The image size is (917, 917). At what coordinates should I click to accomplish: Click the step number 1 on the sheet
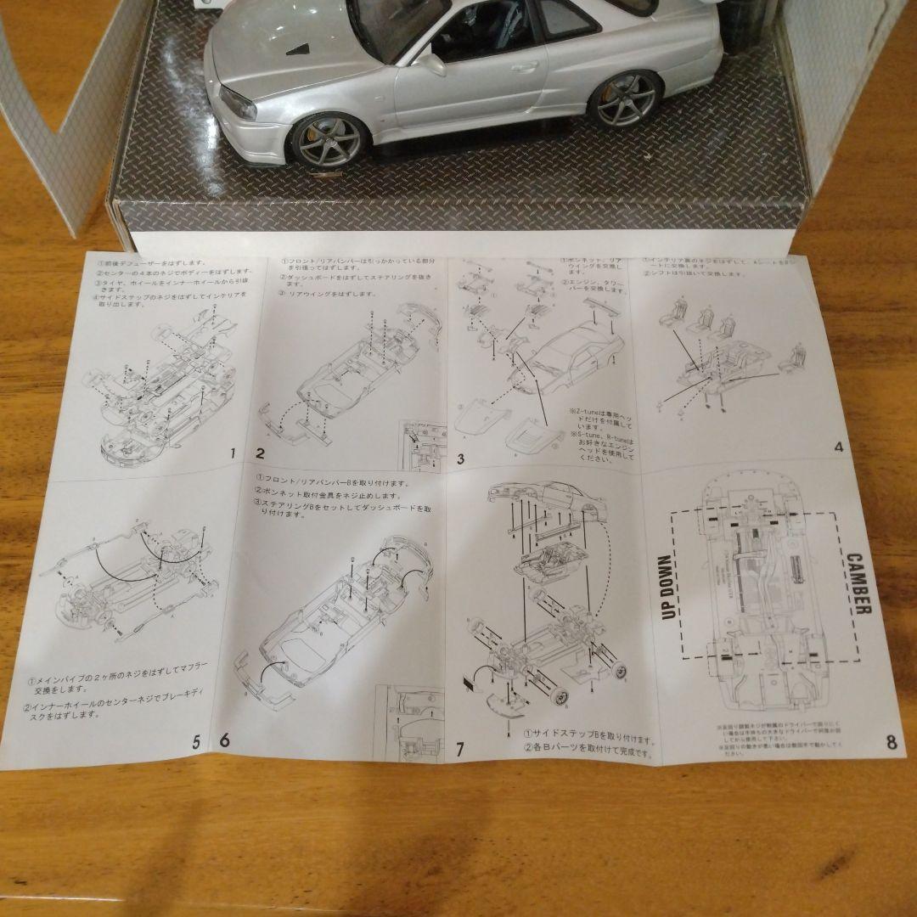232,453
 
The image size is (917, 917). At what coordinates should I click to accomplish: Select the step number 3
460,459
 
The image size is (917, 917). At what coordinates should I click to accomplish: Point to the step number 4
838,447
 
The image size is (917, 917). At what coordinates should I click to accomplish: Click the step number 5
196,741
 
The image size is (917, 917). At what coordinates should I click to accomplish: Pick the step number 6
224,740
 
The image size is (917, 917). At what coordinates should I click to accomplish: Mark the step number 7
459,749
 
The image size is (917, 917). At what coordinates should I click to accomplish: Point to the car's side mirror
430,63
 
